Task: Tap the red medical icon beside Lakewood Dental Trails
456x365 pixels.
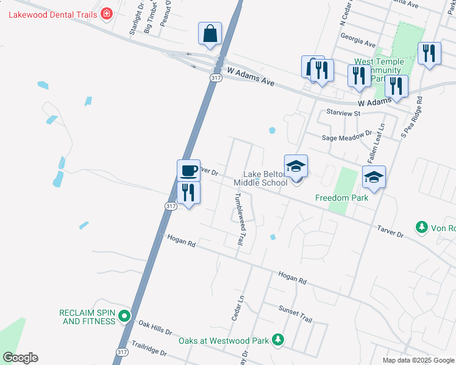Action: pos(107,13)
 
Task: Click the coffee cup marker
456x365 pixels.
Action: pos(188,171)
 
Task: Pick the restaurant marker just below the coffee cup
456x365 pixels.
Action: pos(188,193)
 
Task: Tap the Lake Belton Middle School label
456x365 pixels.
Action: pos(265,178)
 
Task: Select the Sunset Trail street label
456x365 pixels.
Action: pos(295,313)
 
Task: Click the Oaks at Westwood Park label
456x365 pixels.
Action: pos(224,339)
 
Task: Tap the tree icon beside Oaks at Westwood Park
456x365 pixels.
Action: pos(278,338)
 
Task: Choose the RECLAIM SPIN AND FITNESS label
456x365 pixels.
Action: pos(87,316)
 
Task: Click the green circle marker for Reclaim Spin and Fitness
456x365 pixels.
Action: pos(124,316)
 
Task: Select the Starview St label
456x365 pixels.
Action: pos(344,113)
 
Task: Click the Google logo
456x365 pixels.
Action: pos(20,358)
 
